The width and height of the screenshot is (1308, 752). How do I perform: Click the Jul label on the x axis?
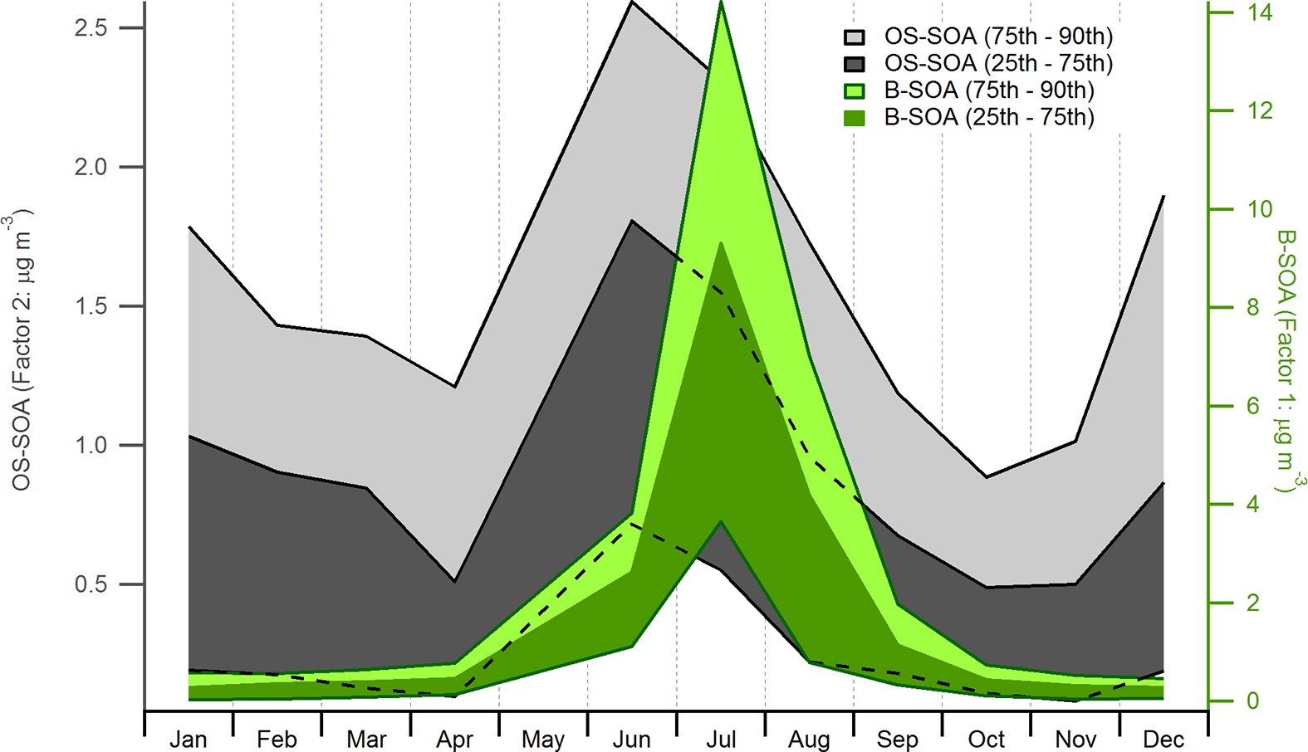click(720, 739)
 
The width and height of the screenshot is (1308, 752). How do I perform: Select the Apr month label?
click(454, 740)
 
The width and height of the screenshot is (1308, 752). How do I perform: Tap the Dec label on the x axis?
click(1163, 739)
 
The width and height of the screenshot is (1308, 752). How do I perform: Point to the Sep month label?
click(897, 740)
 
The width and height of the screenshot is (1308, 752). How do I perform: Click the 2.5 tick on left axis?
click(91, 28)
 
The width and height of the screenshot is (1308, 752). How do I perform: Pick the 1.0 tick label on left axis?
click(91, 446)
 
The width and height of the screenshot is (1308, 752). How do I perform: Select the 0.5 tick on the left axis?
click(91, 584)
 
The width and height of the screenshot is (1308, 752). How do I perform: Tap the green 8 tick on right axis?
click(1252, 308)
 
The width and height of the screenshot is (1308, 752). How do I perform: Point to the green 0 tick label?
click(1252, 701)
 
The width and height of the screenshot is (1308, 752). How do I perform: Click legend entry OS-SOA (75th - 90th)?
click(997, 37)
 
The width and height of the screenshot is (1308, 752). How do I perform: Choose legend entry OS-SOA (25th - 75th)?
click(997, 63)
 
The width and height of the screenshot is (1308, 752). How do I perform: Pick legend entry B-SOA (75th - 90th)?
click(988, 90)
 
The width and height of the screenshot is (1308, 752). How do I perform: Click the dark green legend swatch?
click(855, 118)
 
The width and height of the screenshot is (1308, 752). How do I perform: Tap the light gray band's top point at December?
click(1163, 198)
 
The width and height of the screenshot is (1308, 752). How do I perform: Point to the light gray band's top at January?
click(189, 227)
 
